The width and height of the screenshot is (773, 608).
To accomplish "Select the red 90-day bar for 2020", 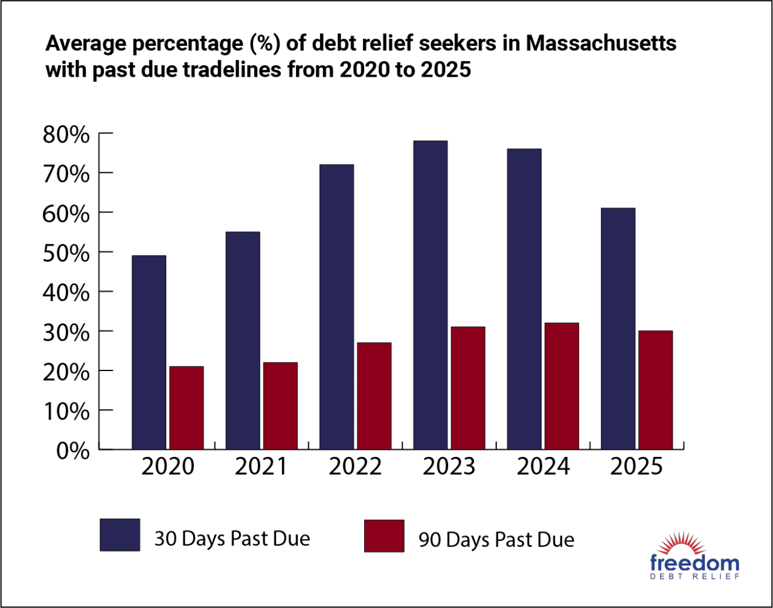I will pos(186,408).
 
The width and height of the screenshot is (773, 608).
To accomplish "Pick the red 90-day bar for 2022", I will pos(374,396).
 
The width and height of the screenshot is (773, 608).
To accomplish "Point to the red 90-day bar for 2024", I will pos(561,386).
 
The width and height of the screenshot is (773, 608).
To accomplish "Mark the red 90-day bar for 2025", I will pos(655,390).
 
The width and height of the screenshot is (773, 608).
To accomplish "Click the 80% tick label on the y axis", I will pos(66,134).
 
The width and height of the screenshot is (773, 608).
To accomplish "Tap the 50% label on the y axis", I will pos(66,252).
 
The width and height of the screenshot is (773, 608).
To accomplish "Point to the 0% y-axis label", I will pos(73,450).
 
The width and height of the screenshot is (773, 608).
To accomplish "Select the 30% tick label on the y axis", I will pos(66,331).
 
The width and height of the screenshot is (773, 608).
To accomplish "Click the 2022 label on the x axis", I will pos(356,467).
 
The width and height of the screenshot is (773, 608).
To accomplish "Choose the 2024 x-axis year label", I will pos(544,467).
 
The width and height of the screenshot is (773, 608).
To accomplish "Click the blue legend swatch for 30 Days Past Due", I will pos(120,535).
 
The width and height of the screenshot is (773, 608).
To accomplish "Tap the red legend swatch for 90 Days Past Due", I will pos(383,536).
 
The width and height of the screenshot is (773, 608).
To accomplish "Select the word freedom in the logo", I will pos(694,563).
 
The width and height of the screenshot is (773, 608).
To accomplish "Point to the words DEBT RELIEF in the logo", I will pos(694,577).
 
